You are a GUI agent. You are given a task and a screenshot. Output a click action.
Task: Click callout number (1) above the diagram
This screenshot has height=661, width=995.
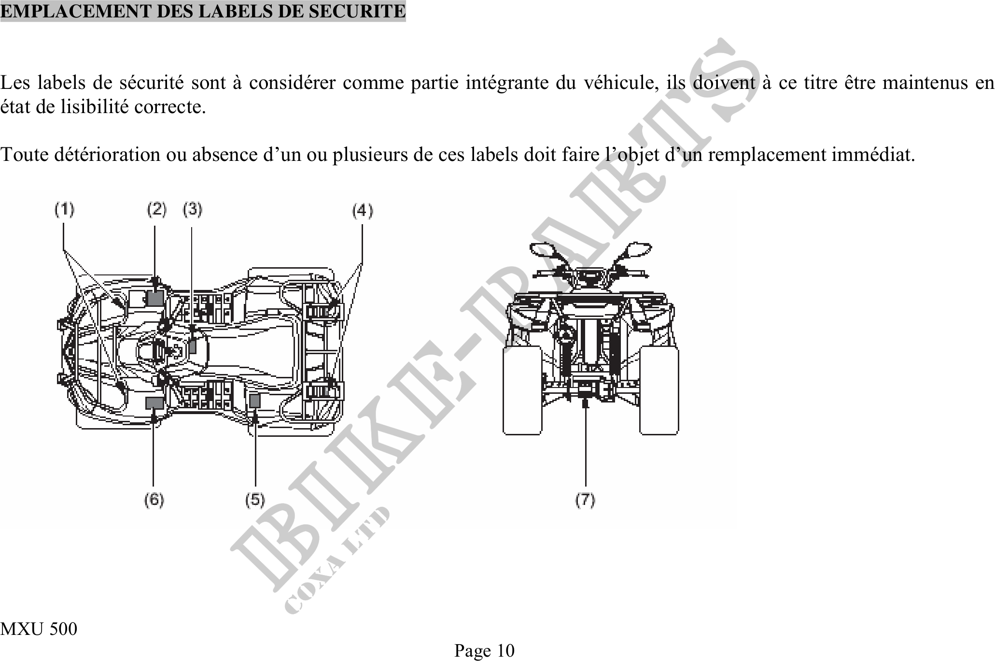[64, 210]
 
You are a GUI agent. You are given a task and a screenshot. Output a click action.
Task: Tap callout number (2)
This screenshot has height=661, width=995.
[156, 210]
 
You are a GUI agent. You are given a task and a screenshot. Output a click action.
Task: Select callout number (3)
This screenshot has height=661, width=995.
[193, 210]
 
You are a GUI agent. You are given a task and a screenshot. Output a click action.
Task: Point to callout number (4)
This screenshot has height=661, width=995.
[363, 211]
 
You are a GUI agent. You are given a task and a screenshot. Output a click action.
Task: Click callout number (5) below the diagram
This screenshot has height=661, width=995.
[255, 500]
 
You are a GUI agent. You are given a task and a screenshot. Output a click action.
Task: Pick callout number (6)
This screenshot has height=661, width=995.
[154, 500]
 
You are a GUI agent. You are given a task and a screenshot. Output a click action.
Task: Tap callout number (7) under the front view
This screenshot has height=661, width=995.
[585, 500]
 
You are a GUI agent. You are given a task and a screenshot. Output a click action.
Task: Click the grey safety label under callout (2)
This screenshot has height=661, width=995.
[155, 298]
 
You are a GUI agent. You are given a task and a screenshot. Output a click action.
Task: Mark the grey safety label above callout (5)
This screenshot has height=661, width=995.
[254, 401]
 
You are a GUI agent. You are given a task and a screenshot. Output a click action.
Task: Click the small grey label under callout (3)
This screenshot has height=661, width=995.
[192, 346]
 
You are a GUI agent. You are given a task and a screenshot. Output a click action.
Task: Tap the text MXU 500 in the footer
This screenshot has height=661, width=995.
[39, 629]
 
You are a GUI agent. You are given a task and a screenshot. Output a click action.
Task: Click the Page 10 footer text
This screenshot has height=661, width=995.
[484, 651]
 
